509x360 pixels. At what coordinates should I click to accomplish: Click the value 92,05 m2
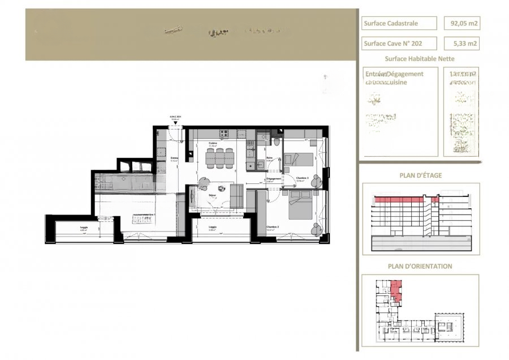[x=461, y=23]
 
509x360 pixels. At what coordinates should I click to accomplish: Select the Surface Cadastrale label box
[x=399, y=23]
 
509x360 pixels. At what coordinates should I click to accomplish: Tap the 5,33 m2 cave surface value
[x=461, y=43]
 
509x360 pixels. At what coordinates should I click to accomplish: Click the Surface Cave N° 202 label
[x=399, y=43]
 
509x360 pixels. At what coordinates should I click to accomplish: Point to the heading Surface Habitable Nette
[x=420, y=58]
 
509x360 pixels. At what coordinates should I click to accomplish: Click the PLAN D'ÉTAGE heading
[x=420, y=175]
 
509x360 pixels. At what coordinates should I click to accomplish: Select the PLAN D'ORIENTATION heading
[x=420, y=266]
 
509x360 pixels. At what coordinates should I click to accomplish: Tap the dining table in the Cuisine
[x=219, y=158]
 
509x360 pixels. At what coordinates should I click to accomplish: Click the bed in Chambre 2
[x=300, y=205]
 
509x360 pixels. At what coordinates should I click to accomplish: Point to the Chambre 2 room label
[x=273, y=227]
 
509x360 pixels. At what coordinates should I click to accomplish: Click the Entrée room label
[x=175, y=158]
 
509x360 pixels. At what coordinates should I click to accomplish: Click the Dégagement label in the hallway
[x=274, y=178]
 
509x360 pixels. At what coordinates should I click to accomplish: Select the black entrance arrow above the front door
[x=175, y=123]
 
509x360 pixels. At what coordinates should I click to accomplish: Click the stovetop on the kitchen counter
[x=223, y=134]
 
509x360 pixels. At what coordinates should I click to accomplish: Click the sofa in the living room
[x=236, y=196]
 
